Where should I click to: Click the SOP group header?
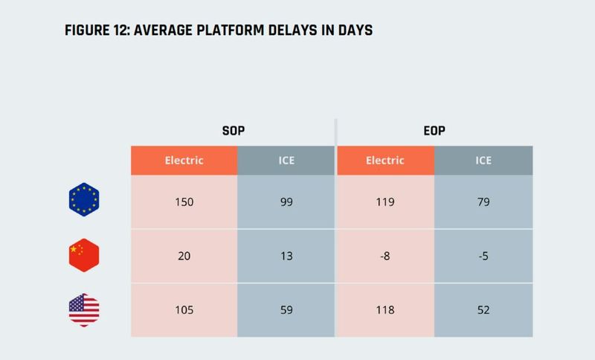click(x=234, y=130)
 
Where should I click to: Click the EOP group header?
click(x=435, y=130)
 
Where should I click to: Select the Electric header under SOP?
click(x=184, y=160)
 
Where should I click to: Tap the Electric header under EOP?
click(x=385, y=160)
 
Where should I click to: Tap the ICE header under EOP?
click(x=483, y=160)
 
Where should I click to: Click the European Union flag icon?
click(x=83, y=200)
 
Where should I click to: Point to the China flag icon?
click(x=83, y=255)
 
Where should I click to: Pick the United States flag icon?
click(x=83, y=309)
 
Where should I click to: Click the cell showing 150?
click(x=184, y=201)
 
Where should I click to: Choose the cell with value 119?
click(x=385, y=201)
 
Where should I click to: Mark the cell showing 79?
click(x=483, y=201)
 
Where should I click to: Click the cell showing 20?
click(x=184, y=256)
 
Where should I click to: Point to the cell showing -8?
click(x=385, y=256)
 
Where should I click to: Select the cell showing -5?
click(x=483, y=256)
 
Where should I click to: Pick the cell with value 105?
click(x=184, y=310)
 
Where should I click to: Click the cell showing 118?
click(x=385, y=310)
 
